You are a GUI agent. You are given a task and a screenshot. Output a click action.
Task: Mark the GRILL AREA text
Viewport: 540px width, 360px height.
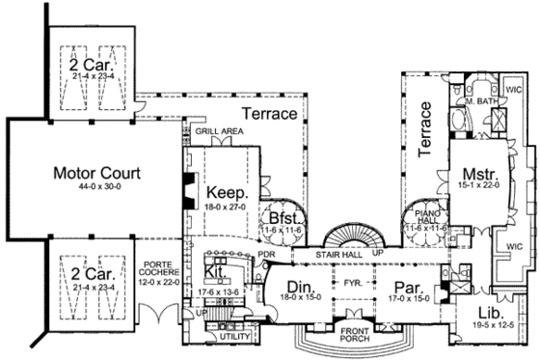(x=211, y=129)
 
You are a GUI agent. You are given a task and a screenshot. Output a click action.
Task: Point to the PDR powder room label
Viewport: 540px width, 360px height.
(x=267, y=254)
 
